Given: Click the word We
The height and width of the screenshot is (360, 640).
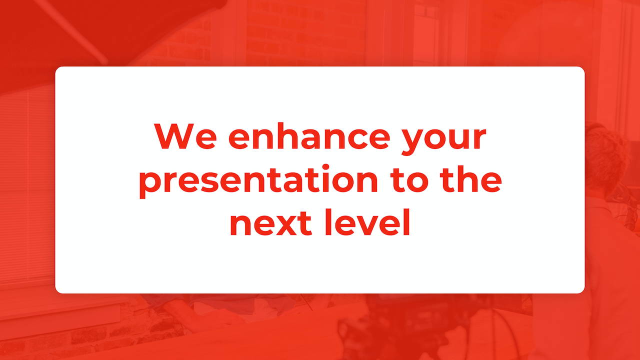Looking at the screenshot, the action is click(x=185, y=136).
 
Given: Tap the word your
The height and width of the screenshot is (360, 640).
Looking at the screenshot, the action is click(x=443, y=139).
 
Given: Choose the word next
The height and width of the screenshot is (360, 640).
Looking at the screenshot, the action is click(x=271, y=223).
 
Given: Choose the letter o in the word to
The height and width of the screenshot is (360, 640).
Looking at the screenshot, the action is click(x=417, y=182).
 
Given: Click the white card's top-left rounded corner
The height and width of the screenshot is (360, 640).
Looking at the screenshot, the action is click(x=57, y=68).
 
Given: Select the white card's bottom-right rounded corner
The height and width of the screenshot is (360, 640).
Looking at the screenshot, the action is click(x=583, y=291).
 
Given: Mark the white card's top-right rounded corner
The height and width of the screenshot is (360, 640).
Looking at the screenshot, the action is click(x=583, y=68).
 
